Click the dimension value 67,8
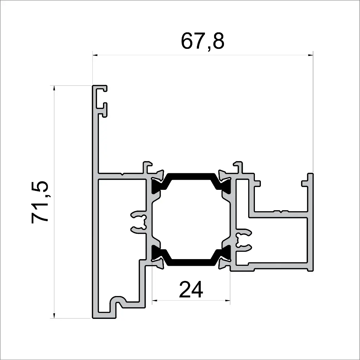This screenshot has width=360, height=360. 202,41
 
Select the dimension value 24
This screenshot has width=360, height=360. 191,290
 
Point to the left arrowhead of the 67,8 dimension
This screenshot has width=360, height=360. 95,55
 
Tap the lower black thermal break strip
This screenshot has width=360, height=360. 191,262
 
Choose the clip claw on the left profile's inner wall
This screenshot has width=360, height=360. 140,222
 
